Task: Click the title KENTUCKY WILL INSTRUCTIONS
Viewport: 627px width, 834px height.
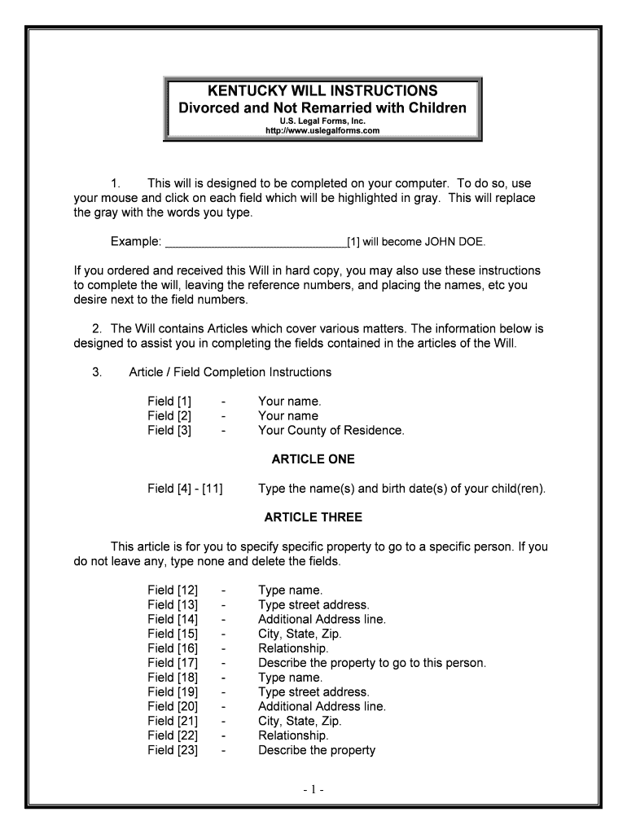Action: (322, 90)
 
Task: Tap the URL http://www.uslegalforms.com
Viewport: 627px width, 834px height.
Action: (322, 130)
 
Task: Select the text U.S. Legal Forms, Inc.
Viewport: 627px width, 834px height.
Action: (322, 121)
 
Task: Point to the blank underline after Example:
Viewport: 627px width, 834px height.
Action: (255, 243)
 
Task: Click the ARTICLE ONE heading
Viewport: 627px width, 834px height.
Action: (313, 459)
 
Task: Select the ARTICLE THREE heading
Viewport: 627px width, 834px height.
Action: (313, 517)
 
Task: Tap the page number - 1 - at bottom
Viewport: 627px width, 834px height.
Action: (313, 790)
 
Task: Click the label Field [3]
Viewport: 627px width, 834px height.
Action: (169, 431)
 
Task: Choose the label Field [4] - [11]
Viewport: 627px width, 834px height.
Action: (186, 489)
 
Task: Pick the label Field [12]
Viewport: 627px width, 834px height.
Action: (173, 590)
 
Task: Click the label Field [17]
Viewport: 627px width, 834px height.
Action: (173, 663)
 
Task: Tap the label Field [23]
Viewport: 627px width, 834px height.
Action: (173, 750)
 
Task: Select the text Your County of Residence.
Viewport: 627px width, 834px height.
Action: (331, 431)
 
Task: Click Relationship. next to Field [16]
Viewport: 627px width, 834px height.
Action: (293, 648)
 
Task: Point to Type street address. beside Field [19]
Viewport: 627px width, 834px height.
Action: (313, 692)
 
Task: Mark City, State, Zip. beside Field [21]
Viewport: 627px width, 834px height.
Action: (300, 721)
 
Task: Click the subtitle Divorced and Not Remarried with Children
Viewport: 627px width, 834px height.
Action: (322, 108)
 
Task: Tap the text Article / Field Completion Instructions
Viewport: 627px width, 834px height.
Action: (230, 372)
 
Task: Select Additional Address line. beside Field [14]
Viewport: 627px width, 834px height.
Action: (322, 619)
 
